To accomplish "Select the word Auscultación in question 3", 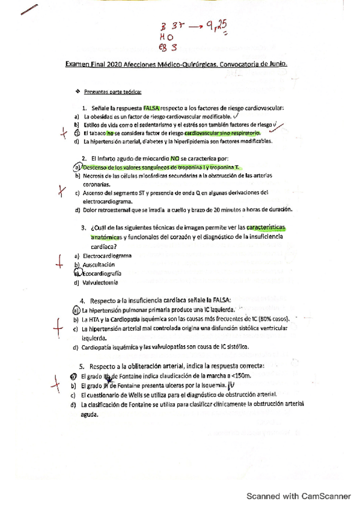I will (98, 265).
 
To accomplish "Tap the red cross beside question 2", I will (60, 191).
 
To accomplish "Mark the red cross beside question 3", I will (59, 260).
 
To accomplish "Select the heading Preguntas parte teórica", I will (113, 91).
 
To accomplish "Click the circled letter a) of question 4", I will (76, 310).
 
